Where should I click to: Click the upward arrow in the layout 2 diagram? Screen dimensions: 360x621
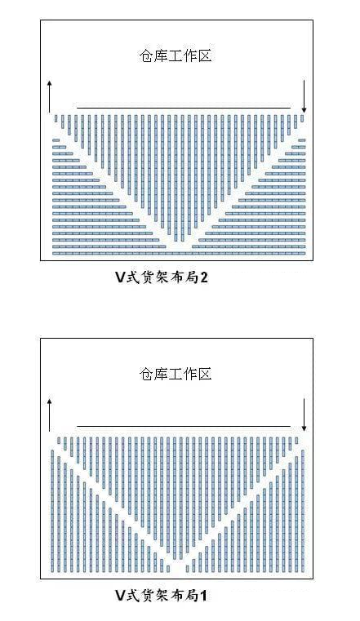50,96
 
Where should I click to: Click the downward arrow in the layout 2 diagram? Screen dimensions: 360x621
304,96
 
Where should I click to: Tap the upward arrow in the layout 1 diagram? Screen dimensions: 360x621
50,415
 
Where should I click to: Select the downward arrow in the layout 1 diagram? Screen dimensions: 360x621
304,415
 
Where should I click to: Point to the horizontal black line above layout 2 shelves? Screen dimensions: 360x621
184,108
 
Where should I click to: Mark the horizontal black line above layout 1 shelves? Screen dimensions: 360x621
184,427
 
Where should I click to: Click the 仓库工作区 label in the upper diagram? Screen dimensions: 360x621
176,55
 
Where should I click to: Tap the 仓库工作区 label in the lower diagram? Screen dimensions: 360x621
176,374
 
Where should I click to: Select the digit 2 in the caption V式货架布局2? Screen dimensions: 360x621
203,277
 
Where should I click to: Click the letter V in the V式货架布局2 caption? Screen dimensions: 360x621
120,277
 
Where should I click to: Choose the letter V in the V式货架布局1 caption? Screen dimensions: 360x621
120,595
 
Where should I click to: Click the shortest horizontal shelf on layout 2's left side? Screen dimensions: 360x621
56,140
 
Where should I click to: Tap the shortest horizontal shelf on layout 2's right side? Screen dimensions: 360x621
302,140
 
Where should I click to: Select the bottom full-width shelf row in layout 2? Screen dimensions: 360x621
179,253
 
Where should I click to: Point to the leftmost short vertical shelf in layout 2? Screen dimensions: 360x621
56,118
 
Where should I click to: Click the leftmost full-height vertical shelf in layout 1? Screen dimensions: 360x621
52,511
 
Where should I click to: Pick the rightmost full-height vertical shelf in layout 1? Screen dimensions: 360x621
303,511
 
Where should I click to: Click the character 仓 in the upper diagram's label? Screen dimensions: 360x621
146,55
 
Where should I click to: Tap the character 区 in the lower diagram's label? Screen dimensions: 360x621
205,374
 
